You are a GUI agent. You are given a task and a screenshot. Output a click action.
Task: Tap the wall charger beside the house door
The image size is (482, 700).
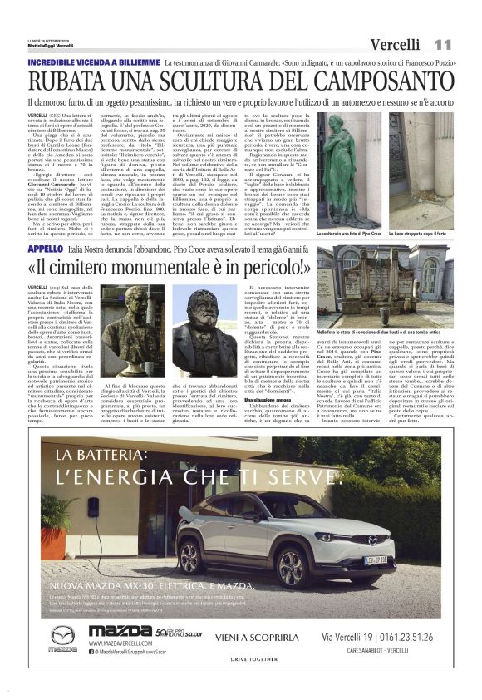pyautogui.click(x=94, y=507)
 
